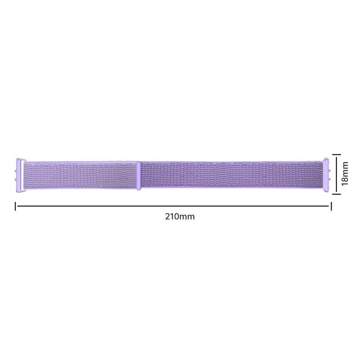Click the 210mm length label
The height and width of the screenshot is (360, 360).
180,216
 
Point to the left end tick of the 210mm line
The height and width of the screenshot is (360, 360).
15,206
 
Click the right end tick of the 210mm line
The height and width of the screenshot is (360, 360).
331,206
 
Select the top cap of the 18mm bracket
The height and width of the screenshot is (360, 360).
336,155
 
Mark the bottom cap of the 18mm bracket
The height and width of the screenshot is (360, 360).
336,194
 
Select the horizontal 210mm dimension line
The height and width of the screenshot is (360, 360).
173,206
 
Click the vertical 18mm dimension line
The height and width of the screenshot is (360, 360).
336,174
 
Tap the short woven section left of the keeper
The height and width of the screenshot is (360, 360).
81,175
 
